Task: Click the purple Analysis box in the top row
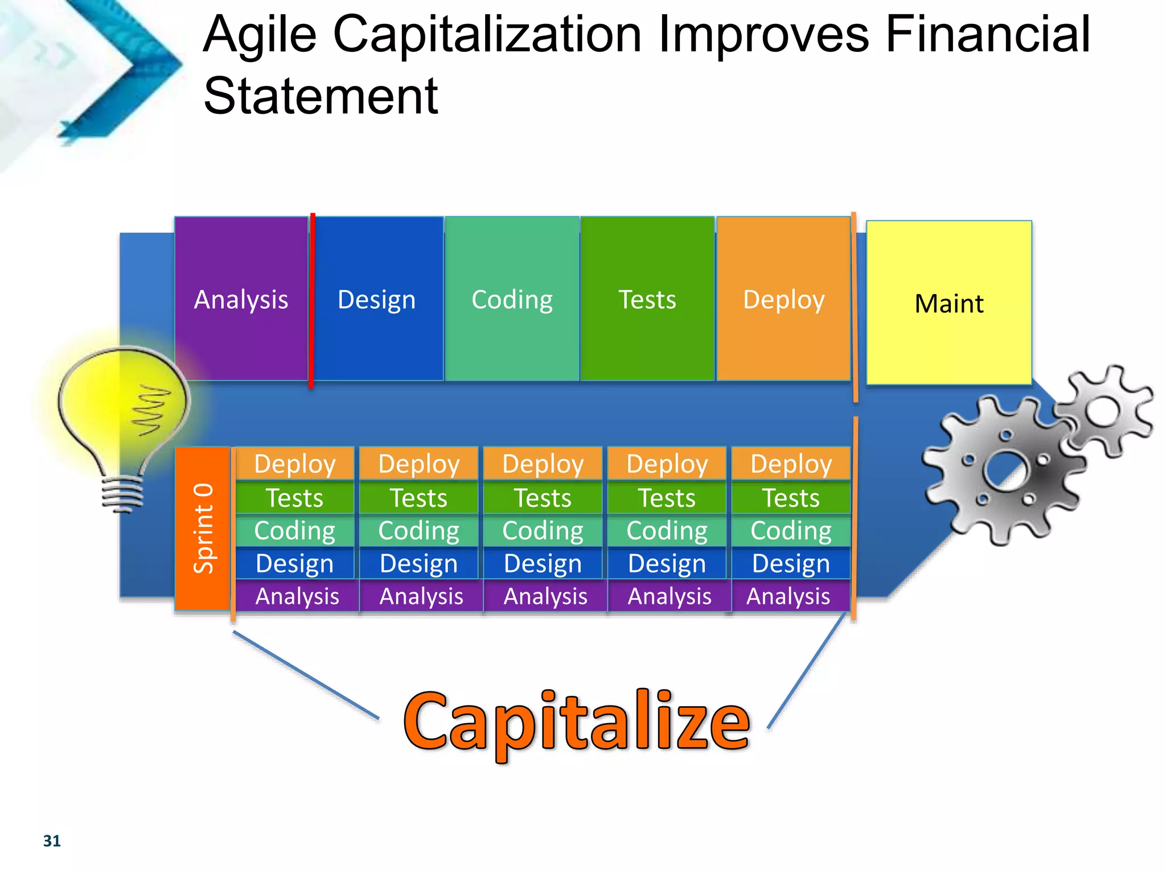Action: pyautogui.click(x=241, y=299)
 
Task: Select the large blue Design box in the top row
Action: pyautogui.click(x=377, y=299)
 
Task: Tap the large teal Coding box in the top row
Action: pyautogui.click(x=512, y=299)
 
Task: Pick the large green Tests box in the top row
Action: pyautogui.click(x=647, y=299)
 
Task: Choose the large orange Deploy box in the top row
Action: pyautogui.click(x=783, y=299)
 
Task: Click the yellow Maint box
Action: pyautogui.click(x=949, y=303)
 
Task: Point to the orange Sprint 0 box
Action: pyautogui.click(x=203, y=528)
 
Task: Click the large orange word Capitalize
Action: pyautogui.click(x=576, y=723)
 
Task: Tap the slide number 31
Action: pyautogui.click(x=52, y=841)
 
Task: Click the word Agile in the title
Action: pyautogui.click(x=260, y=35)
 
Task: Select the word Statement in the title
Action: pyautogui.click(x=321, y=96)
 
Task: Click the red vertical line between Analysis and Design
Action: pyautogui.click(x=311, y=300)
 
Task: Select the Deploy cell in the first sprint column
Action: pyautogui.click(x=294, y=464)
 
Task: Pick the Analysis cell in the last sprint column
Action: pyautogui.click(x=789, y=596)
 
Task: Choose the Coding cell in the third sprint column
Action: pyautogui.click(x=543, y=530)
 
